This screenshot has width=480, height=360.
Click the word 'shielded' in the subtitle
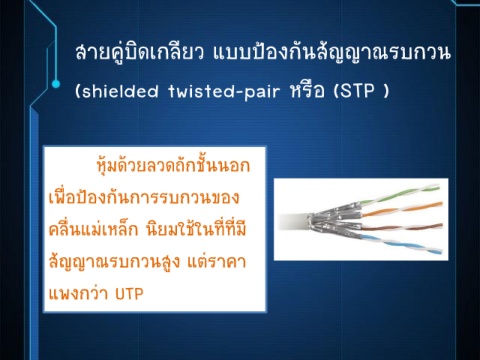(120, 91)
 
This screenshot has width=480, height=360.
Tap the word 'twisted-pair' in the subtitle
(224, 91)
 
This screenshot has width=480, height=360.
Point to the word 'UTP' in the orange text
(129, 294)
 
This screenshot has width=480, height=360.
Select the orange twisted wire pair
(403, 209)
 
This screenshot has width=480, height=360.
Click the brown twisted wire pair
(402, 226)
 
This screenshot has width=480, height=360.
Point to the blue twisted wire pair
(402, 243)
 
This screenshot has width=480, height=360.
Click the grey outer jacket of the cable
(293, 222)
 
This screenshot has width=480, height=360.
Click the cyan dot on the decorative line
(56, 84)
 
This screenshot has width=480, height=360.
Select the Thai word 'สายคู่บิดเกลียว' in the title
(140, 54)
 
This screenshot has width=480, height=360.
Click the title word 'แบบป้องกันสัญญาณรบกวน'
(332, 54)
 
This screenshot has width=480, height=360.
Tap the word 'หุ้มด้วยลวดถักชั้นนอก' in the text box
(173, 166)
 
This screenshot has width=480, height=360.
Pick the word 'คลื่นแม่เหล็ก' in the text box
(94, 229)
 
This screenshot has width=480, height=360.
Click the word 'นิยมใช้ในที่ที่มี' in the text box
(196, 229)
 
